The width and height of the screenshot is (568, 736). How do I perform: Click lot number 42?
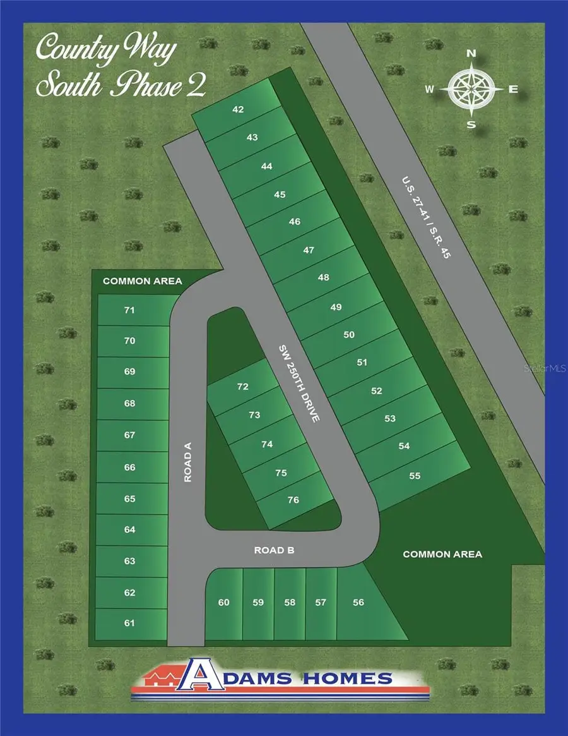pos(238,109)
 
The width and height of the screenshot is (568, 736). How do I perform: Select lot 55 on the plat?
pos(415,476)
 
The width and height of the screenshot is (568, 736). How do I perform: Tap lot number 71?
pos(130,310)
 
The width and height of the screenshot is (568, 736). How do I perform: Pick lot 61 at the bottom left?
pos(130,623)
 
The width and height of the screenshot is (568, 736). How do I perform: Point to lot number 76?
pos(293,500)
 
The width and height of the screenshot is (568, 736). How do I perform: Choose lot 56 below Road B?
pos(358,602)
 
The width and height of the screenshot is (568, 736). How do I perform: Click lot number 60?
pos(224,602)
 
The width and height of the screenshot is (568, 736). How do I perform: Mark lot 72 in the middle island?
pos(243,387)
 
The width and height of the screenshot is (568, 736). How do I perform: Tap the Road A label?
pos(187,462)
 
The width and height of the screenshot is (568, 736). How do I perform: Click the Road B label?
pos(275,550)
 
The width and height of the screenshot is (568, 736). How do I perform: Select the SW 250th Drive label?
pos(300,383)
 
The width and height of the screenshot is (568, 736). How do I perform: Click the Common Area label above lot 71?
pos(142,281)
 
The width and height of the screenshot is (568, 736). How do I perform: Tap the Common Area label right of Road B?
pos(442,554)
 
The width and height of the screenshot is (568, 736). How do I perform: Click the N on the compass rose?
pos(471,54)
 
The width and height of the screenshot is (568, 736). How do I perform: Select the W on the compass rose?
pos(430,89)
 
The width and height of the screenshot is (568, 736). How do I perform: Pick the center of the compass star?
pos(471,89)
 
